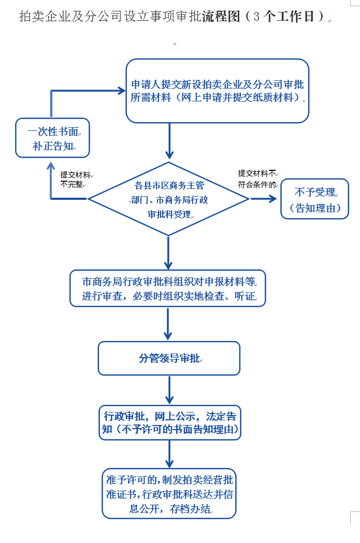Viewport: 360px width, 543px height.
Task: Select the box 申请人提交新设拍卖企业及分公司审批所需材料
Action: click(x=218, y=91)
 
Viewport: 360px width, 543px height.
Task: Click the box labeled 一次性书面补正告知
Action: click(x=52, y=138)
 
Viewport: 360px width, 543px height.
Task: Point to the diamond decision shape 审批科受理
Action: click(x=169, y=199)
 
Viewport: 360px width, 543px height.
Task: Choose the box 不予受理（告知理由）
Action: click(x=314, y=199)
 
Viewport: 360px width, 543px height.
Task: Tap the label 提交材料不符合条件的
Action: click(x=257, y=179)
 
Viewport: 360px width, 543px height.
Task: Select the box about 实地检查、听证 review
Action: click(x=168, y=288)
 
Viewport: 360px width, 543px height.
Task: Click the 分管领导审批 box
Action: click(x=169, y=358)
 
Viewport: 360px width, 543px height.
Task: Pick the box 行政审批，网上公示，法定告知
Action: click(x=170, y=422)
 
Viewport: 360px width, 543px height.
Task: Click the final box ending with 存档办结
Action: click(x=169, y=494)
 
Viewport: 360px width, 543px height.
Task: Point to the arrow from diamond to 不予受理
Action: click(x=264, y=199)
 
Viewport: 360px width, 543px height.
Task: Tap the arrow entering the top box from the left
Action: click(x=88, y=91)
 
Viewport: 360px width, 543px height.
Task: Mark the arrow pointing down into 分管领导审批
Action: click(x=168, y=324)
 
